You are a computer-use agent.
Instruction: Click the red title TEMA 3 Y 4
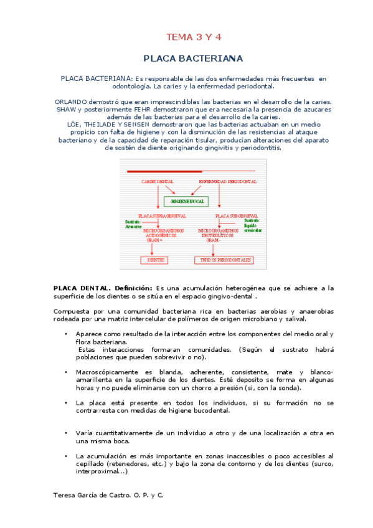point(193,37)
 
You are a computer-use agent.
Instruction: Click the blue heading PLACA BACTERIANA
point(193,59)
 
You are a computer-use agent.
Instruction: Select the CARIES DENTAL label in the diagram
point(157,181)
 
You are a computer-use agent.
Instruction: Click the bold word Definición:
point(131,288)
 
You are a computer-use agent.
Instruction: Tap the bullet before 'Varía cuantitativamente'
point(66,432)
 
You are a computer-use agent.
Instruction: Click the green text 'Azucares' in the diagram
point(133,226)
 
